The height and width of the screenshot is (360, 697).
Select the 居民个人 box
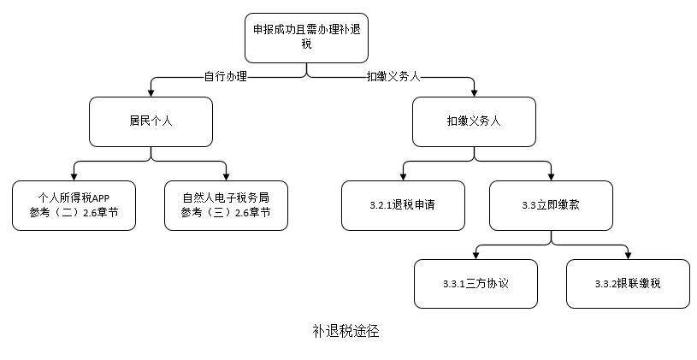[151, 121]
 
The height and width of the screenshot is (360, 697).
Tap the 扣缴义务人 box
[474, 121]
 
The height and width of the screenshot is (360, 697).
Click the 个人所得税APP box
[74, 205]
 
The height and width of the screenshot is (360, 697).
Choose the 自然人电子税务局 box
[226, 205]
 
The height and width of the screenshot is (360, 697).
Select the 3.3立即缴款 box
[551, 205]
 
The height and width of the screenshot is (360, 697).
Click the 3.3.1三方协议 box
[476, 283]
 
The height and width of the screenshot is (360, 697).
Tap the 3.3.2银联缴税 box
[628, 283]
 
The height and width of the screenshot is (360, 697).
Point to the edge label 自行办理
[226, 77]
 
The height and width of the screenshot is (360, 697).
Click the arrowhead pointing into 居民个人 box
[151, 92]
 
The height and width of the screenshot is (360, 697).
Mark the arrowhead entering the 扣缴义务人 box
[475, 92]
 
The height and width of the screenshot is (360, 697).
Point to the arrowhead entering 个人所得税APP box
[74, 176]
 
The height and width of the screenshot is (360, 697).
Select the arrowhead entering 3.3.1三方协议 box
[476, 255]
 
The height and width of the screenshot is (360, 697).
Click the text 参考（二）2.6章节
[74, 213]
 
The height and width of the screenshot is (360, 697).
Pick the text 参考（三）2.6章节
[226, 213]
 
